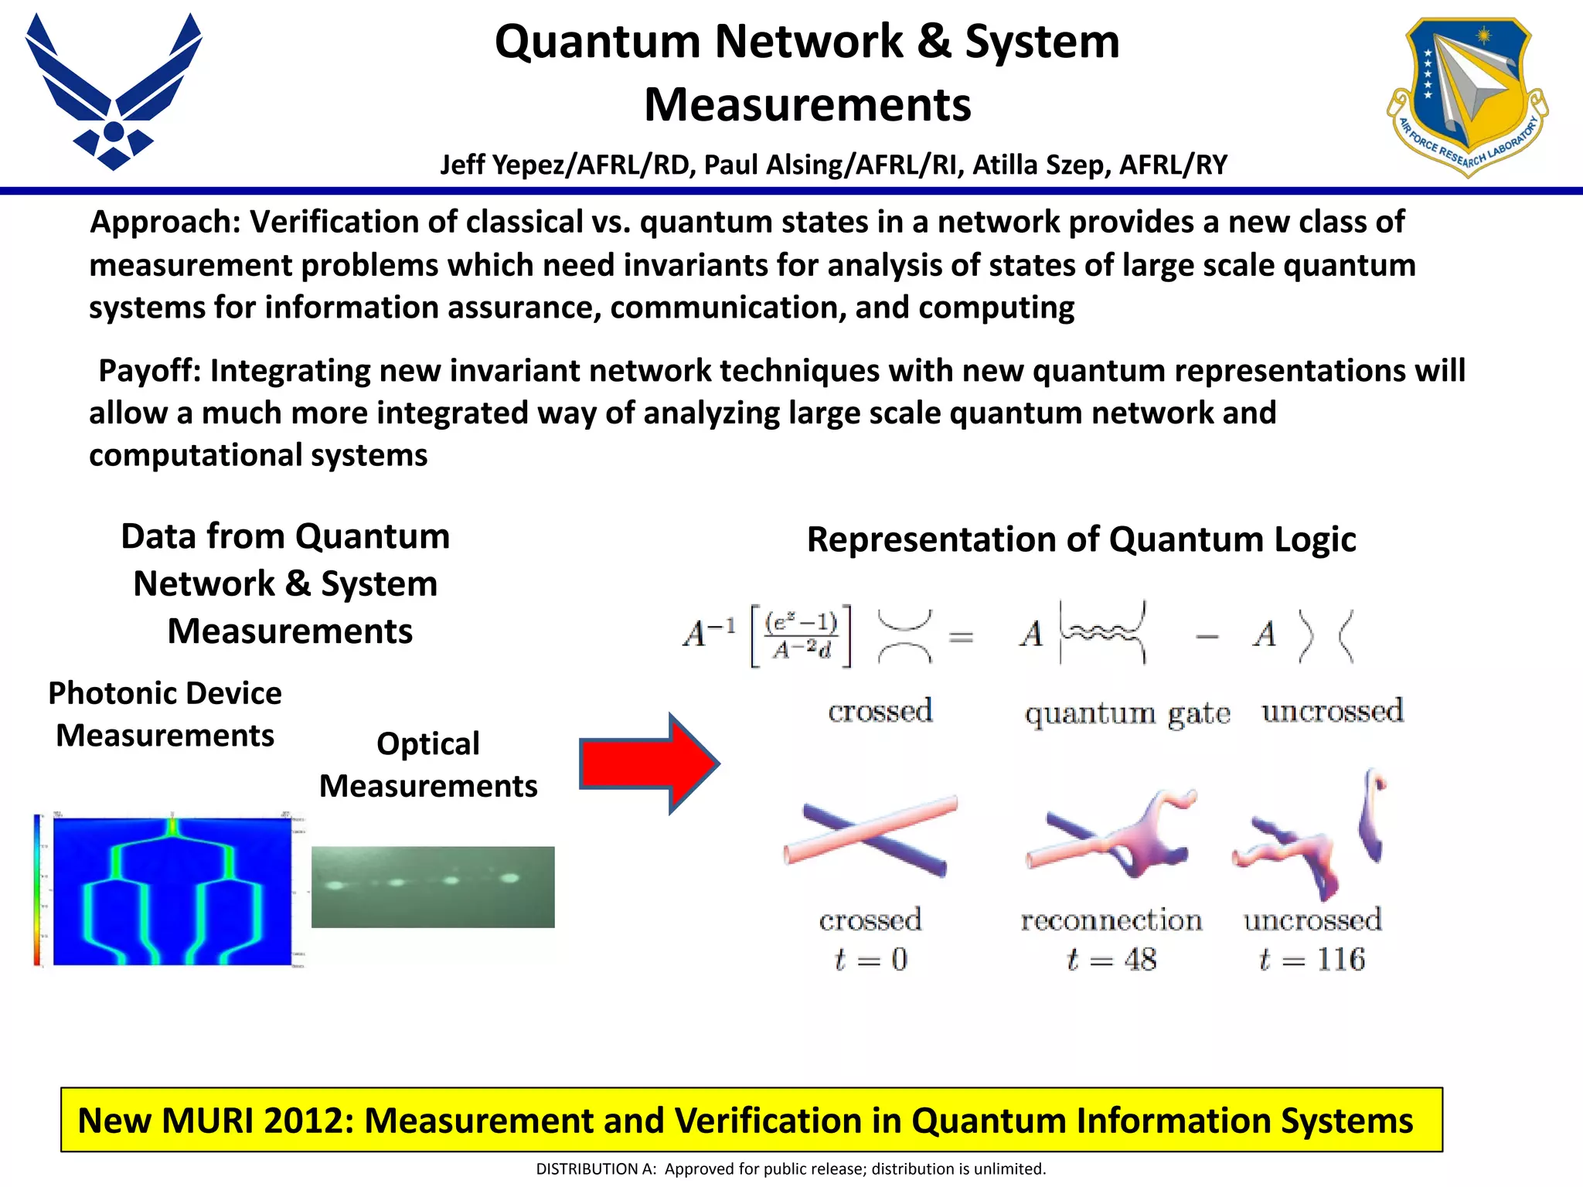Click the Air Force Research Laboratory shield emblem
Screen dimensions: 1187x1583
pos(1467,94)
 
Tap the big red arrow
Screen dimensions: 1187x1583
pos(649,764)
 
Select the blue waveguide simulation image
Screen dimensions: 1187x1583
pos(172,890)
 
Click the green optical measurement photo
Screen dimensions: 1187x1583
pos(433,886)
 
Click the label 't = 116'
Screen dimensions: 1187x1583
pos(1312,960)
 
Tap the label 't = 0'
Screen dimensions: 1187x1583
pos(870,960)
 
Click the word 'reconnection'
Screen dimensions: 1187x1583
pos(1112,920)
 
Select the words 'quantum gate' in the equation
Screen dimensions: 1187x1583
pos(1128,713)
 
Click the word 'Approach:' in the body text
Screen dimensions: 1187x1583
pos(166,223)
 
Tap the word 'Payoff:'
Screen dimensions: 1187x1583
pos(150,371)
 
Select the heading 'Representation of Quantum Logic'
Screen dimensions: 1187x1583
pos(1081,539)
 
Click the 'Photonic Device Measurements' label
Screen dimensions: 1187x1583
pos(165,714)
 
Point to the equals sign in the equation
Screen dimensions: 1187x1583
pos(961,638)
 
